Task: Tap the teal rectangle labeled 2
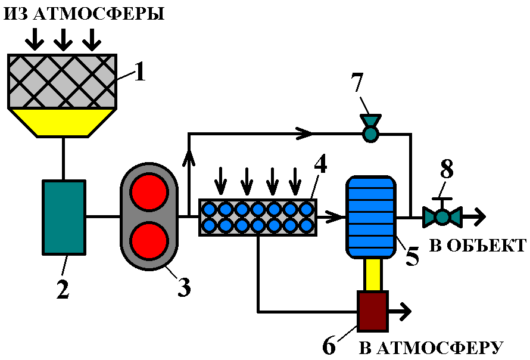click(x=64, y=217)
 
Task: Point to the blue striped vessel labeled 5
click(x=370, y=217)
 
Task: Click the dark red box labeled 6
click(x=372, y=311)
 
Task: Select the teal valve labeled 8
click(x=442, y=216)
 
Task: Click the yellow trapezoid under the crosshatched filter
click(x=63, y=122)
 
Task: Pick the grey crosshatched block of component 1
click(x=63, y=81)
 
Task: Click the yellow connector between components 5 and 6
click(x=372, y=275)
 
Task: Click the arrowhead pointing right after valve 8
click(x=478, y=216)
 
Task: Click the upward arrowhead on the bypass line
click(x=189, y=157)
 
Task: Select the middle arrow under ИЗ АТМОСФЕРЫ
click(x=63, y=41)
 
